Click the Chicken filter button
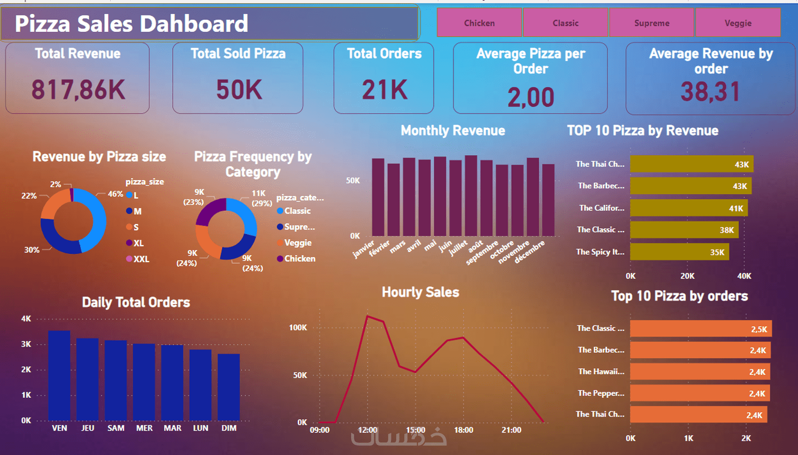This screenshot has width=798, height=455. pyautogui.click(x=479, y=23)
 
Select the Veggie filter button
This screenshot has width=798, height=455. pyautogui.click(x=738, y=23)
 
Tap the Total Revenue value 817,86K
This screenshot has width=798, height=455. pyautogui.click(x=78, y=90)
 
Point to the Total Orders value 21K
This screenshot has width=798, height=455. pyautogui.click(x=384, y=90)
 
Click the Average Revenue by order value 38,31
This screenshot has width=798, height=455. pyautogui.click(x=710, y=92)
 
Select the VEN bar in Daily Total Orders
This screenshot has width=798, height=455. pyautogui.click(x=59, y=375)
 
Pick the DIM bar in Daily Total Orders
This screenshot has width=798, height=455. pyautogui.click(x=229, y=387)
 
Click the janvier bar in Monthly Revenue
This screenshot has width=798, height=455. pyautogui.click(x=378, y=197)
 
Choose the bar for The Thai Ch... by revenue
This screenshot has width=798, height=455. pyautogui.click(x=691, y=164)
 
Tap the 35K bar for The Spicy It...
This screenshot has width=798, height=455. pyautogui.click(x=679, y=252)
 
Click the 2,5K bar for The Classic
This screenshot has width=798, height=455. pyautogui.click(x=700, y=329)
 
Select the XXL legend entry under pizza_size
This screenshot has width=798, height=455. pyautogui.click(x=140, y=259)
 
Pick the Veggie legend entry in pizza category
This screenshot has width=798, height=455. pyautogui.click(x=297, y=243)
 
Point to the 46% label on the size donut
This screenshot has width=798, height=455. pyautogui.click(x=115, y=194)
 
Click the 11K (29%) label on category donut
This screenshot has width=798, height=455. pyautogui.click(x=261, y=198)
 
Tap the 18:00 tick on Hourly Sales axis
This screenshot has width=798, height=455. pyautogui.click(x=463, y=430)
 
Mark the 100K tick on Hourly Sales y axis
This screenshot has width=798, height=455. pyautogui.click(x=298, y=327)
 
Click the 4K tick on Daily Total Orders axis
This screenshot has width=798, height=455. pyautogui.click(x=26, y=319)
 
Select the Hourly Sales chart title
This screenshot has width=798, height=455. pyautogui.click(x=420, y=292)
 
